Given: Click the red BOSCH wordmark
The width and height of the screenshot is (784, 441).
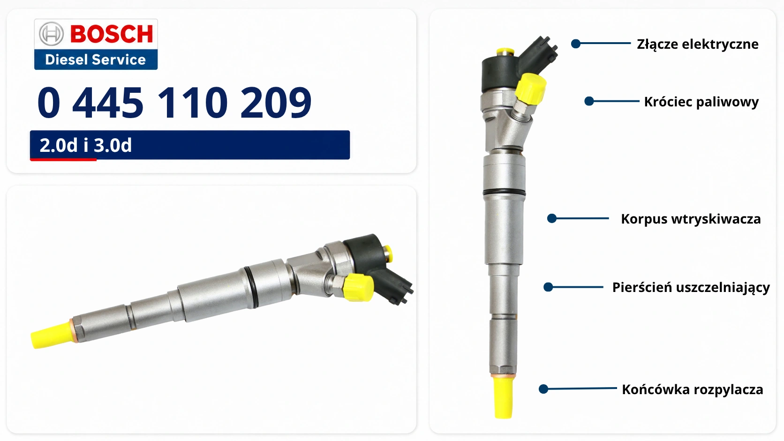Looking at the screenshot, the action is (112, 34).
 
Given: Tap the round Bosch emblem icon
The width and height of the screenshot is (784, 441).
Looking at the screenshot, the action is (52, 34).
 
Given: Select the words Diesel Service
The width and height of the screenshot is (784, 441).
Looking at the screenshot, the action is (95, 60).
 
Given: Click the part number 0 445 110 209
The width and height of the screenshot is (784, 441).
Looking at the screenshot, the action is (174, 103).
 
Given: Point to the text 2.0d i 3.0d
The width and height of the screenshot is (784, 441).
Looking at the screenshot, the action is (86, 145).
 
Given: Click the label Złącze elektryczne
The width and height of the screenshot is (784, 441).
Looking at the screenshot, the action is (698, 45).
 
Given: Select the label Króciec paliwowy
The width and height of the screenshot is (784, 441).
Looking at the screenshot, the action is (701, 102).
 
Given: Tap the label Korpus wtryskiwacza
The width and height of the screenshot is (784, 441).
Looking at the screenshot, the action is (691, 219).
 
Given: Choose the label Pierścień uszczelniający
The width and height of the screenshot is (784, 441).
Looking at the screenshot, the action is (691, 287).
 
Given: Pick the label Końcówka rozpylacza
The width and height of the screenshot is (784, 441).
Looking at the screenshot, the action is (692, 389).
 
